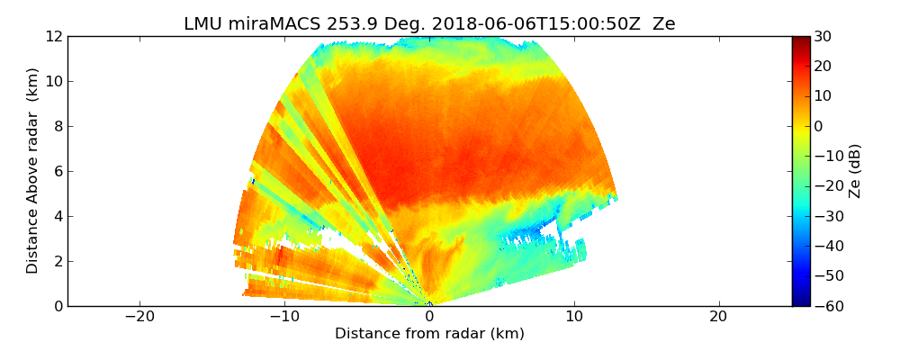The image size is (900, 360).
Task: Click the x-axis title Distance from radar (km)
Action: point(429,334)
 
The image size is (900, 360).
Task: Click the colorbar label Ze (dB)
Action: point(855,171)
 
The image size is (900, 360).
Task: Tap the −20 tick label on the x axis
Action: point(139,317)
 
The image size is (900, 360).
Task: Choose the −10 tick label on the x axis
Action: point(284,317)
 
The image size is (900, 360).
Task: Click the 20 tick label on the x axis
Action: point(718,317)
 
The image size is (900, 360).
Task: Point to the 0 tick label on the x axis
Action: point(429,317)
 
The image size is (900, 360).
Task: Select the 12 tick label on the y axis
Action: point(53,36)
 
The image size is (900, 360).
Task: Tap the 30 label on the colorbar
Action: point(823,36)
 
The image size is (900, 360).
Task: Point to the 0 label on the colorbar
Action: point(818,126)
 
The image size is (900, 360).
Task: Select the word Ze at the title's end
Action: point(664,24)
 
